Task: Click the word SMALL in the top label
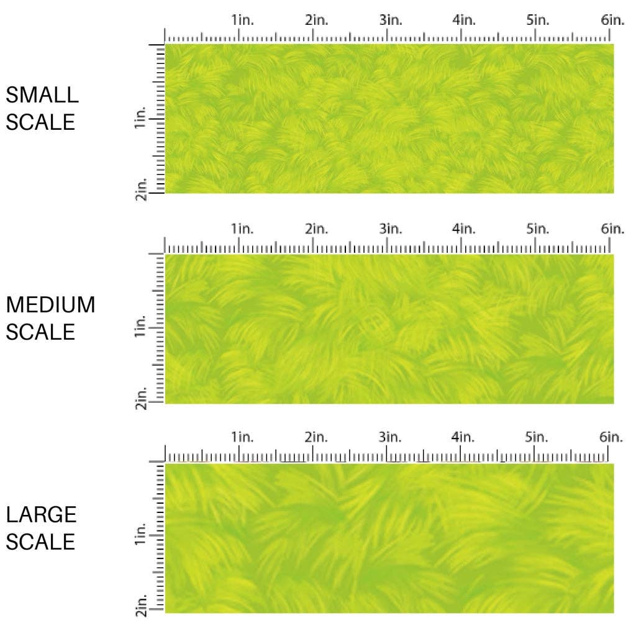pyautogui.click(x=42, y=95)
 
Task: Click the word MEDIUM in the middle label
pyautogui.click(x=51, y=305)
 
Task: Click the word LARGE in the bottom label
pyautogui.click(x=42, y=514)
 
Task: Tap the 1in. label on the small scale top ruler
pyautogui.click(x=243, y=20)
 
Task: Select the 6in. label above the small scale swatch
pyautogui.click(x=612, y=20)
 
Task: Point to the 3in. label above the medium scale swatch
pyautogui.click(x=391, y=229)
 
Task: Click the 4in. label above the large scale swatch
pyautogui.click(x=463, y=437)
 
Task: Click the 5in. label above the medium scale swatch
pyautogui.click(x=538, y=229)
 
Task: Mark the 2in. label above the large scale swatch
pyautogui.click(x=316, y=437)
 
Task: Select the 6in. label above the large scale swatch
pyautogui.click(x=612, y=437)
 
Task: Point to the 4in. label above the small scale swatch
pyautogui.click(x=463, y=20)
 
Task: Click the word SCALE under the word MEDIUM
pyautogui.click(x=41, y=332)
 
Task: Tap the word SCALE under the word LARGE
pyautogui.click(x=41, y=542)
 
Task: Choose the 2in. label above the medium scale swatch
pyautogui.click(x=316, y=229)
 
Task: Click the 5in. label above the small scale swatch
pyautogui.click(x=538, y=20)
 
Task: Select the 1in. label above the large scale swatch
pyautogui.click(x=243, y=437)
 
